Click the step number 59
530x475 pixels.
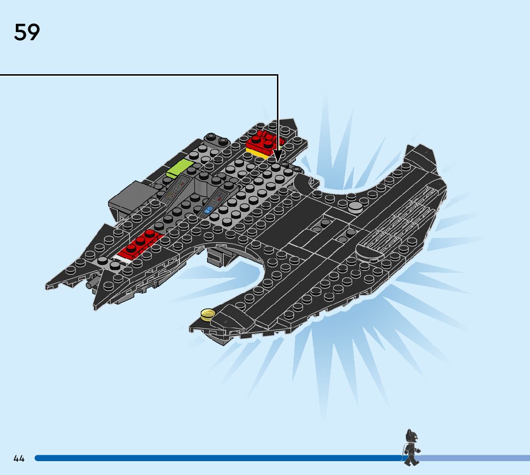(x=27, y=33)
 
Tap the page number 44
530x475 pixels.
(x=19, y=459)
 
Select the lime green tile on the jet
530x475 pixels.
(x=179, y=168)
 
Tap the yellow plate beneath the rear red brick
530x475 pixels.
(x=258, y=153)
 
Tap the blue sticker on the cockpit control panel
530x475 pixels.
(x=208, y=209)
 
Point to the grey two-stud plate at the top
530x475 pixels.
(x=216, y=139)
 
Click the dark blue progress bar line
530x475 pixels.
(x=216, y=458)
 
